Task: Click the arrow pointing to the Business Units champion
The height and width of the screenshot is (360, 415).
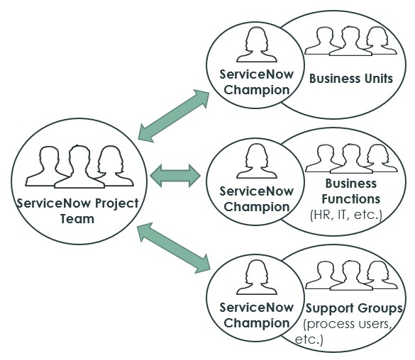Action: [174, 116]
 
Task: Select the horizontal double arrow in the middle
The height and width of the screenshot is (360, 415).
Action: [175, 176]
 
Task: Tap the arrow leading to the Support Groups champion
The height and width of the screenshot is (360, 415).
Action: [174, 248]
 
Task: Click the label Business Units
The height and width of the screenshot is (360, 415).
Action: [351, 79]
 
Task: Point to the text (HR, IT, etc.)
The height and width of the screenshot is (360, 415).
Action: [346, 215]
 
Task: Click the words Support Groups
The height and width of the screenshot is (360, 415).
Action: [354, 308]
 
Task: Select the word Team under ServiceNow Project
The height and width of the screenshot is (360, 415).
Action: [77, 219]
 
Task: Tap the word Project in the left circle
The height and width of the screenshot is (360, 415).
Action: [117, 204]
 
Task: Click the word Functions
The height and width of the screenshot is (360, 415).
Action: [351, 199]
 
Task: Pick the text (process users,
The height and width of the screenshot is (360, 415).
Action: [347, 324]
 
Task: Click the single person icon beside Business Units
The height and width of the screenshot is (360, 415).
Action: [257, 44]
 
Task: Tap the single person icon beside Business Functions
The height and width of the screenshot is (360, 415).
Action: [257, 161]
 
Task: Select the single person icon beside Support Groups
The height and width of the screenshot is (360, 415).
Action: [257, 277]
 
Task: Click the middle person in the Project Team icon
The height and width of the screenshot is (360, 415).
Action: [79, 167]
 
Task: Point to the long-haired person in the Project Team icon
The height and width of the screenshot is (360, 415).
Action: [114, 166]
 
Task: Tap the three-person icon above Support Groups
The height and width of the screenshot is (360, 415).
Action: [351, 275]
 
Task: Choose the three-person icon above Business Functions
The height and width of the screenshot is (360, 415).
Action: [351, 158]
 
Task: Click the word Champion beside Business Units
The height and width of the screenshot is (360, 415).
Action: [257, 91]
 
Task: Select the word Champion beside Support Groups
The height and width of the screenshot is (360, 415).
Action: [257, 323]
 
